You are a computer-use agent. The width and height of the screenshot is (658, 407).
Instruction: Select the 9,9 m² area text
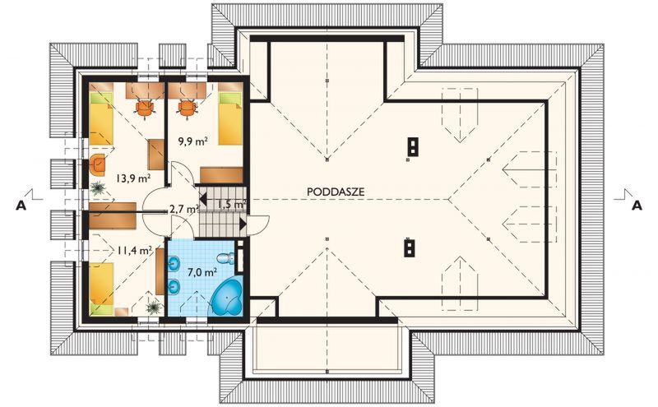coord(192,141)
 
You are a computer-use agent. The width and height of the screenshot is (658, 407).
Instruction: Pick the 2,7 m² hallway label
coord(183,210)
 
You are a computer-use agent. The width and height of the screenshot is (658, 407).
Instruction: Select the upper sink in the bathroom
coord(174,263)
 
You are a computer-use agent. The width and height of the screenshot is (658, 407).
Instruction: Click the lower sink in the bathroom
coord(174,286)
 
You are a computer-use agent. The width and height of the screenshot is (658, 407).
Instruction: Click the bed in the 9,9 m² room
coord(229,118)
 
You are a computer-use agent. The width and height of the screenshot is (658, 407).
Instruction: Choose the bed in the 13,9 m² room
coord(102,118)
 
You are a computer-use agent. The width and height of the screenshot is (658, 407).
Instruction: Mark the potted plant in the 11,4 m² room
coord(153,305)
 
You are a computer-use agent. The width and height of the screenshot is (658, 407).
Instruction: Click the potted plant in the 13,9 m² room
coord(99,188)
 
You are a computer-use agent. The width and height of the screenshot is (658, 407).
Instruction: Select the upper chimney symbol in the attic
coord(411,146)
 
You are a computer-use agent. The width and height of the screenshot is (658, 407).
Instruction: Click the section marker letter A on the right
coord(635,206)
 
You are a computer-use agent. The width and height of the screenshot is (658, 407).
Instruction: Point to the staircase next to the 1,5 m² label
coord(220,220)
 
